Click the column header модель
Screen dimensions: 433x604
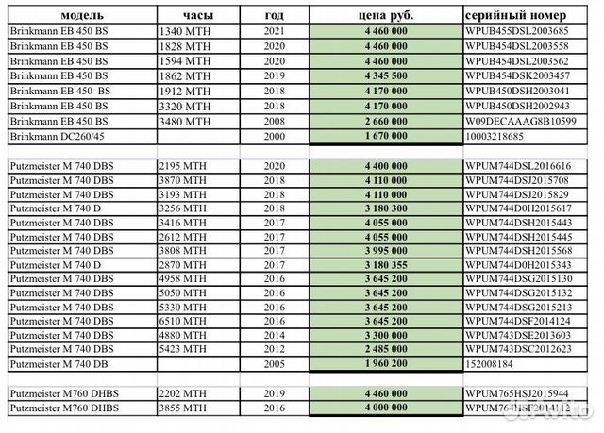tap(82, 15)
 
